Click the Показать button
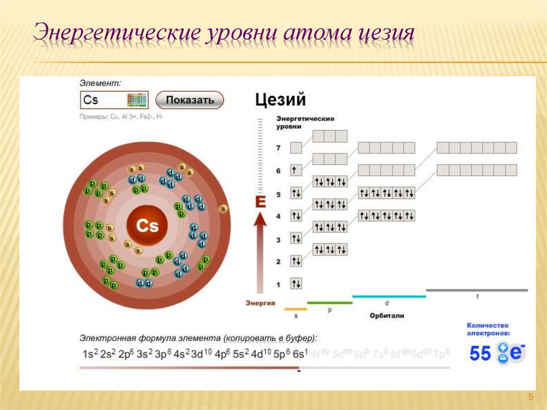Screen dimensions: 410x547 (190, 100)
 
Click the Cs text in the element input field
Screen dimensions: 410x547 (91, 100)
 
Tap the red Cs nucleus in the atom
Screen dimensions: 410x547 (147, 226)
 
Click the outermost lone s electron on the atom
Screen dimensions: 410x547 (223, 208)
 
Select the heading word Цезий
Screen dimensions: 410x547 (280, 100)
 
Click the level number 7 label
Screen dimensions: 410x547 (278, 147)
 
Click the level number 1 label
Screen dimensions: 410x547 (278, 284)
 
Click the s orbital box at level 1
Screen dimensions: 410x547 (296, 283)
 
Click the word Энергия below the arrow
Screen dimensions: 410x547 (260, 303)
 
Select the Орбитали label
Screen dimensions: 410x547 (387, 315)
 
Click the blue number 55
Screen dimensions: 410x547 (480, 353)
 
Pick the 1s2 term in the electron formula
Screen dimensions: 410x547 (89, 353)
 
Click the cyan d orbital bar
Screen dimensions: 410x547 (389, 296)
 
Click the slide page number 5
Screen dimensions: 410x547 (530, 396)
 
